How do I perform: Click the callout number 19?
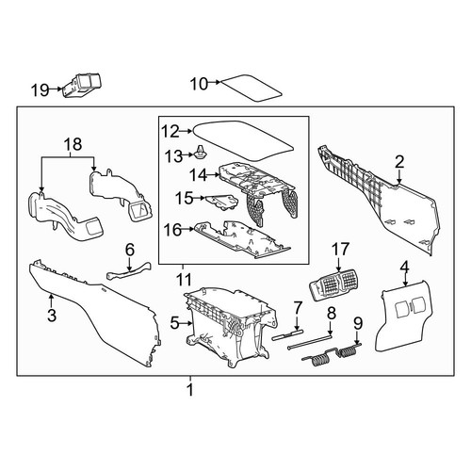[x=40, y=90]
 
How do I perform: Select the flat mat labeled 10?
[x=252, y=88]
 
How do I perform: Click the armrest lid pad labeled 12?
[x=243, y=140]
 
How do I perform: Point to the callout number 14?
[x=198, y=175]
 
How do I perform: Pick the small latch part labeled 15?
[x=221, y=202]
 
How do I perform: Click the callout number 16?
[x=172, y=230]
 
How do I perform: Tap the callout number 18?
[x=73, y=145]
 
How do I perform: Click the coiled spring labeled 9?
[x=333, y=355]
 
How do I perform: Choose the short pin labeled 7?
[x=288, y=333]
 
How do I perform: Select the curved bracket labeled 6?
[x=129, y=271]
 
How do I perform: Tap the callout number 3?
[x=52, y=315]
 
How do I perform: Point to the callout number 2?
[x=399, y=162]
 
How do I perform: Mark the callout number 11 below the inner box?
[x=184, y=279]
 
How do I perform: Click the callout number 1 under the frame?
[x=189, y=390]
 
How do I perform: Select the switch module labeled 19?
[x=83, y=86]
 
